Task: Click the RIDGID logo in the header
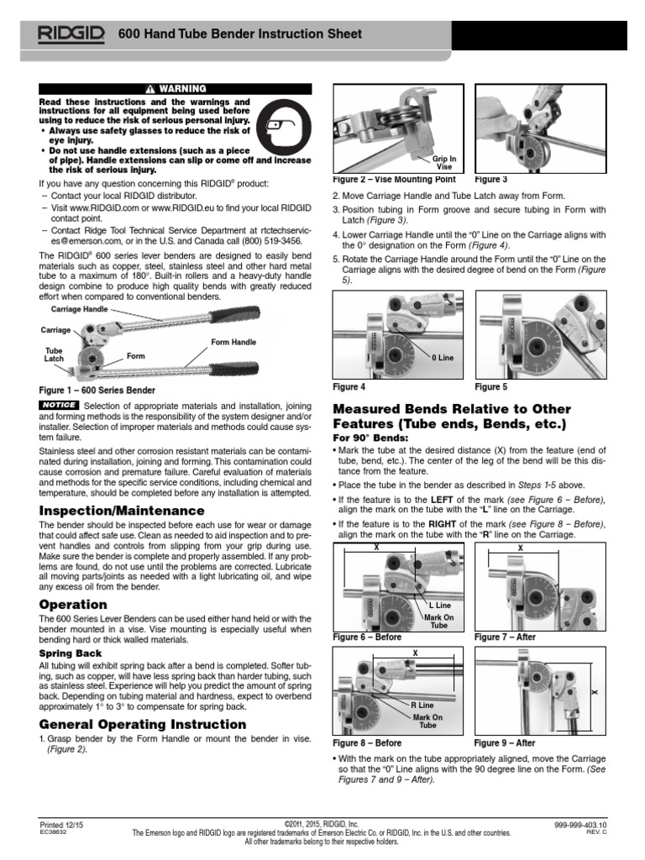click(x=71, y=34)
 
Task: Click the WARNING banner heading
click(x=176, y=88)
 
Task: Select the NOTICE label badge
click(x=58, y=405)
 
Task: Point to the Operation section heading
click(x=73, y=605)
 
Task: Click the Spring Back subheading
click(x=71, y=653)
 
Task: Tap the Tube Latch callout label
click(x=53, y=354)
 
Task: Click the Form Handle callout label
click(x=233, y=341)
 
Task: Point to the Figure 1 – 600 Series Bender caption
click(x=97, y=391)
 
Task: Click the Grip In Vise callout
click(x=444, y=162)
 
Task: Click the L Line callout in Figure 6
click(x=440, y=605)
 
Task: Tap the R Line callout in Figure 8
click(x=422, y=705)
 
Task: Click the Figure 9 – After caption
click(x=505, y=743)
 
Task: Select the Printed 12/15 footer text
click(x=62, y=826)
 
